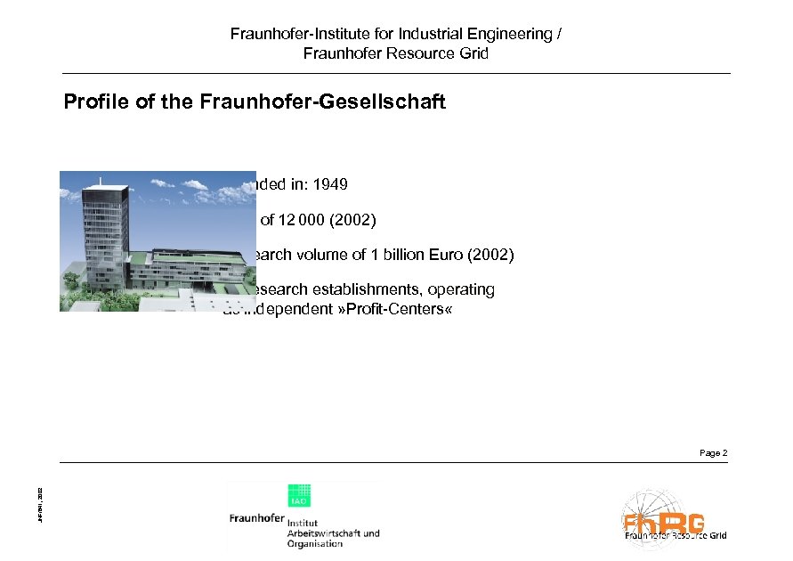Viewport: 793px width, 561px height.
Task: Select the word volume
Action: pos(320,256)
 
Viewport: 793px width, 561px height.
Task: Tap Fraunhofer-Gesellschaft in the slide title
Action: pos(303,102)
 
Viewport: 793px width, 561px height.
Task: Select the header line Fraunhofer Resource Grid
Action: pos(396,53)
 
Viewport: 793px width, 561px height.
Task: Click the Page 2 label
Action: pos(713,453)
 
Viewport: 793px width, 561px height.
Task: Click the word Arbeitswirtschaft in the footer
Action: pos(332,533)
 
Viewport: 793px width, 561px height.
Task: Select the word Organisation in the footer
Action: pos(314,544)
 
